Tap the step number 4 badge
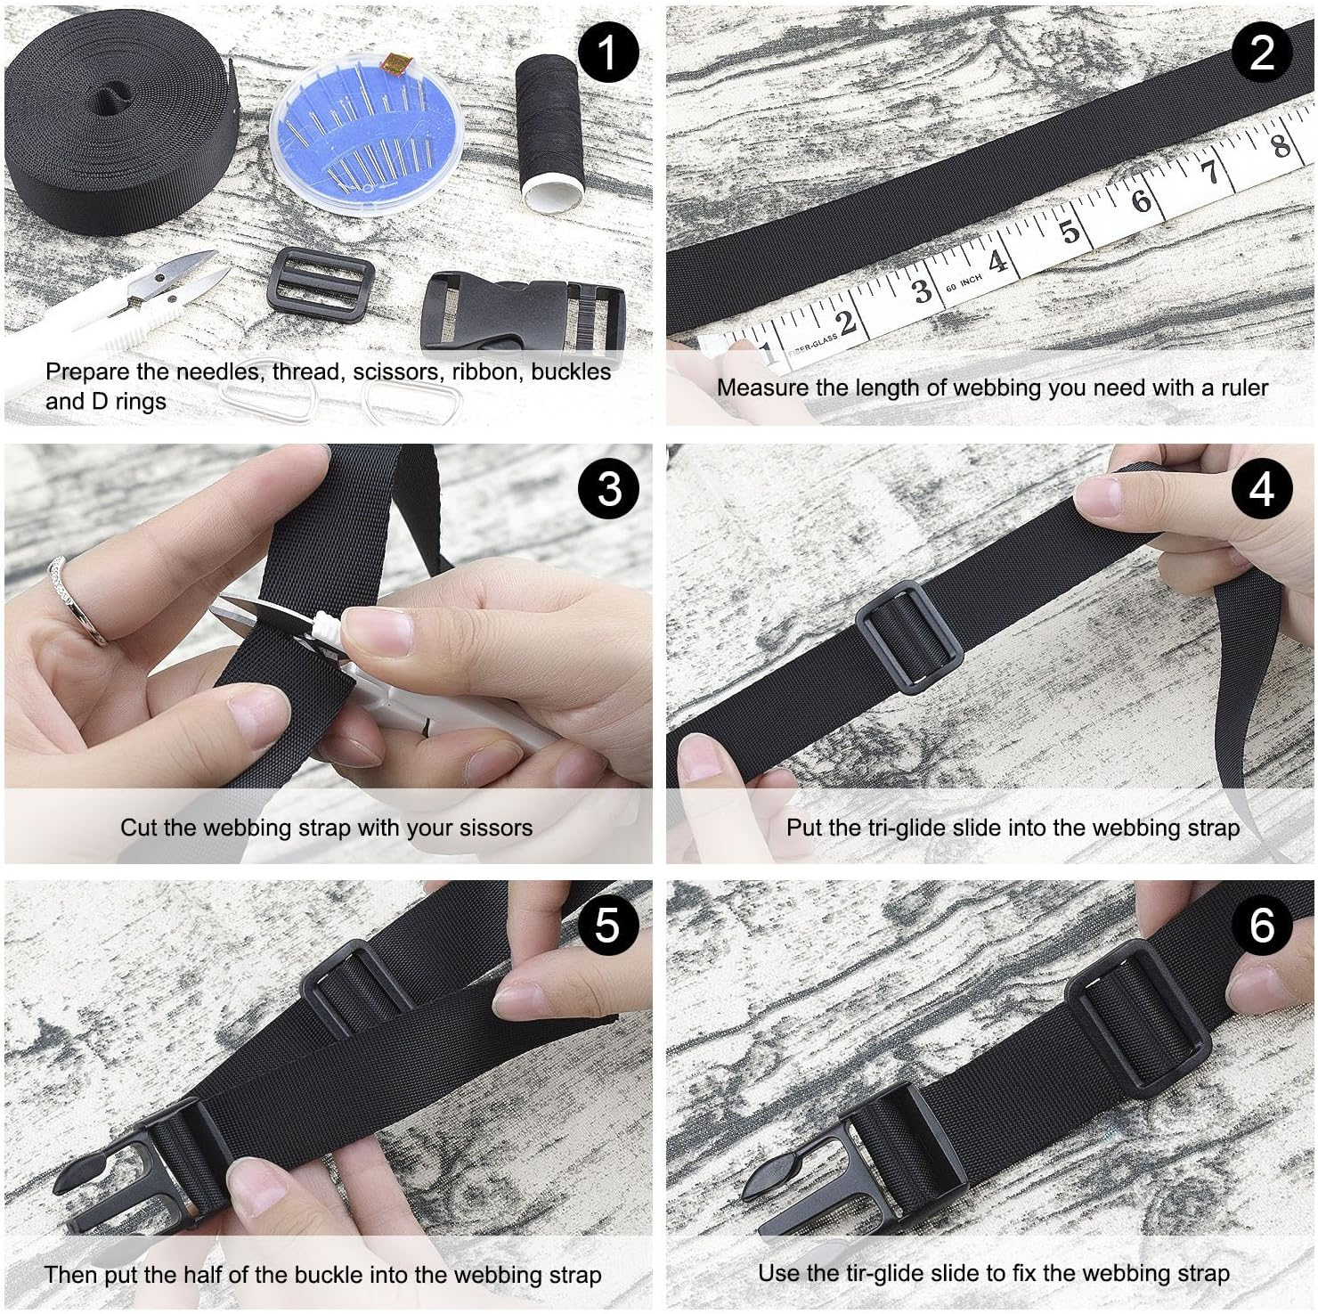pos(1262,489)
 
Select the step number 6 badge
pos(1262,925)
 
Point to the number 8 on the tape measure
pos(1279,144)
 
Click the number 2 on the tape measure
pos(847,322)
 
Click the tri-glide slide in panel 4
pos(909,634)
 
